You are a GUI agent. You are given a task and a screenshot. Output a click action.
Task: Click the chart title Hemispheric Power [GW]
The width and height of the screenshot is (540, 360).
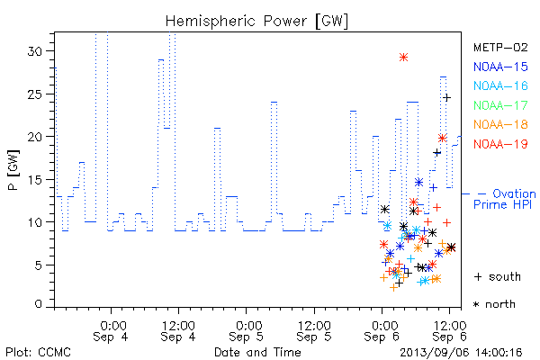click(x=256, y=22)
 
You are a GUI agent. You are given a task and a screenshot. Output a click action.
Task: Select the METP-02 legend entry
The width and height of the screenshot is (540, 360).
click(x=500, y=47)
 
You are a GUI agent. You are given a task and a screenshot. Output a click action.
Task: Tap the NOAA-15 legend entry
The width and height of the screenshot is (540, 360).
click(x=500, y=67)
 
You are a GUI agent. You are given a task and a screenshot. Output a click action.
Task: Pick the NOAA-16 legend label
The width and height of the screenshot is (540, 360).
click(x=500, y=85)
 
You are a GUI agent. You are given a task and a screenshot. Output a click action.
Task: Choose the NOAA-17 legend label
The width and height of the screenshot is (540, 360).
click(x=500, y=105)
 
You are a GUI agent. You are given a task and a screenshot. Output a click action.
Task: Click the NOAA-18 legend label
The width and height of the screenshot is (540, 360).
click(x=500, y=124)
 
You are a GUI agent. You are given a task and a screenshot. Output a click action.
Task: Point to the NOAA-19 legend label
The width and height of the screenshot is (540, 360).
click(x=500, y=144)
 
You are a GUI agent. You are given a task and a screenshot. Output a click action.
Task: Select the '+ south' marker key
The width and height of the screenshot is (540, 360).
click(x=498, y=276)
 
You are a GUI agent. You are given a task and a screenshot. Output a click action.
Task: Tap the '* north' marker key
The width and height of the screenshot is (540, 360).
click(x=494, y=304)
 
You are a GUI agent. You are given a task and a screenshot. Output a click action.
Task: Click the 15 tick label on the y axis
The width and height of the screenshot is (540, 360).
click(x=35, y=179)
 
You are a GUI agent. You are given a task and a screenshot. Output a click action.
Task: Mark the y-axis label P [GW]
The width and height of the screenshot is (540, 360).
click(x=13, y=170)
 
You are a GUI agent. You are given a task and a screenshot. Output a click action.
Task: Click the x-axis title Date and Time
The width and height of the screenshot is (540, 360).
click(x=257, y=353)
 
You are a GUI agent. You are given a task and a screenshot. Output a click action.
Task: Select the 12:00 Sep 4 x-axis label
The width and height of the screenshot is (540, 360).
click(x=178, y=331)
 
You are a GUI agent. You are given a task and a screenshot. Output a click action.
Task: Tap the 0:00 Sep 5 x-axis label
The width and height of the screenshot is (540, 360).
click(x=246, y=331)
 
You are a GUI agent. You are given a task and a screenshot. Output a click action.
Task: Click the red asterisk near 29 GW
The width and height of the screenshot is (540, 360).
click(x=403, y=58)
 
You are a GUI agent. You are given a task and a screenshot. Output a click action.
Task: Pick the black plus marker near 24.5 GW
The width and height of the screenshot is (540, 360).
click(x=446, y=98)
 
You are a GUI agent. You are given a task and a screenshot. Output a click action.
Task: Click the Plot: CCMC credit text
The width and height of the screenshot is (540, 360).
click(x=38, y=353)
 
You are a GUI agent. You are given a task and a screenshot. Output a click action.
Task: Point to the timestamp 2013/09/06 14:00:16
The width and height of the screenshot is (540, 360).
click(x=461, y=353)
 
